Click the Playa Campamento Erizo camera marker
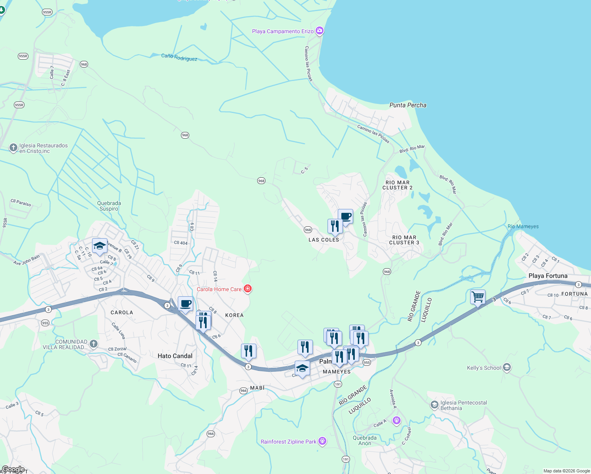(320, 31)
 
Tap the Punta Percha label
(408, 105)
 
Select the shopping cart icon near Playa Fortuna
(478, 297)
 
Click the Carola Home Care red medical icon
(248, 289)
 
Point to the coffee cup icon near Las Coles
(345, 216)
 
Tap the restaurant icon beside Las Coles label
(335, 226)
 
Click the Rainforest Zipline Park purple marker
(322, 441)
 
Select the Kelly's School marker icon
(507, 368)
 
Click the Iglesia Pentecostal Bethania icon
(434, 405)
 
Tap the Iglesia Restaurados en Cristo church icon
(13, 148)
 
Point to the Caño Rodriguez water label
(179, 57)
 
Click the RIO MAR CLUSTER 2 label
(397, 185)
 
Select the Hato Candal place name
(175, 356)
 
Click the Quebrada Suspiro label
(109, 206)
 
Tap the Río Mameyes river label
(523, 226)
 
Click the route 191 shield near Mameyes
(338, 384)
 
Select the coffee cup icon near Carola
(185, 304)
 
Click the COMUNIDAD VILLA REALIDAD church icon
(94, 344)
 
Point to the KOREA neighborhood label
(234, 315)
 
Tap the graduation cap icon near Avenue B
(100, 246)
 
